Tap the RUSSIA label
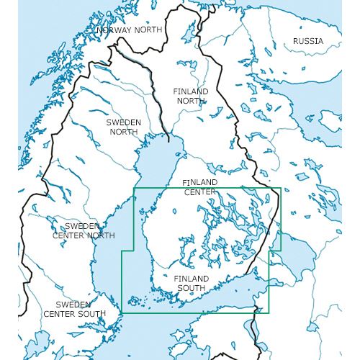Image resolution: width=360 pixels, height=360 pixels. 307,41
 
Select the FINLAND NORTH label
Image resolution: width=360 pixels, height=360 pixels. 191,96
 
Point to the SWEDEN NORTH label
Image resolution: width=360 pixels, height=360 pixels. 123,127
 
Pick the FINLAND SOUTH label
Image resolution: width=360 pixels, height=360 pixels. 192,283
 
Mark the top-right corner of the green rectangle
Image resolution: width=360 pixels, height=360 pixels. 281,189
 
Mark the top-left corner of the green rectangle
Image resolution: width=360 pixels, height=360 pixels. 135,189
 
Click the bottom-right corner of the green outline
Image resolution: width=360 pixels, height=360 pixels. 269,313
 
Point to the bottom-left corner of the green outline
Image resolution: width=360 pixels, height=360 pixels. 122,313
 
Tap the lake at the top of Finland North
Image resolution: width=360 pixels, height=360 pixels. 189,34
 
